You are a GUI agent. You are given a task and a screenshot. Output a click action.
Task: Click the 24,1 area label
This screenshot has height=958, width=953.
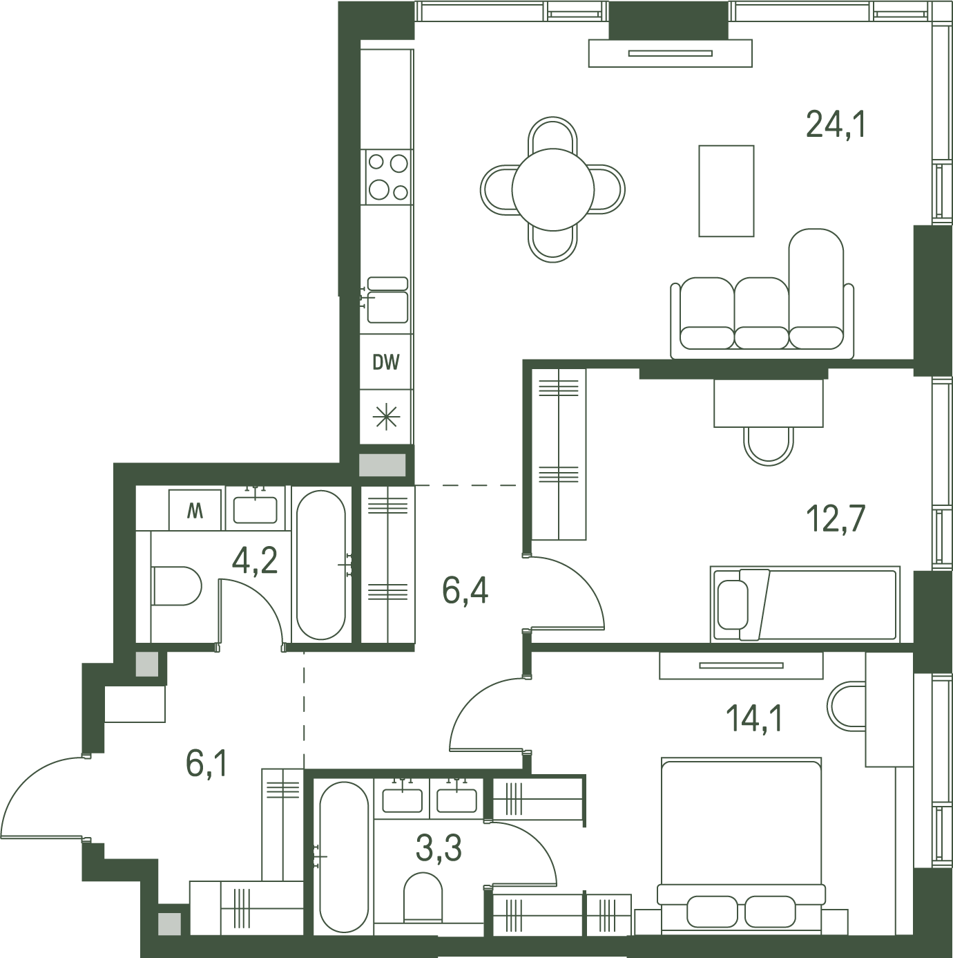pyautogui.click(x=836, y=124)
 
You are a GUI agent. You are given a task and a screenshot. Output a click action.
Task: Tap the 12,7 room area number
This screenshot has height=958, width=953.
pyautogui.click(x=836, y=518)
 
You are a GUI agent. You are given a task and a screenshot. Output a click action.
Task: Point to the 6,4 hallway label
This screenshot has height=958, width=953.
pyautogui.click(x=465, y=590)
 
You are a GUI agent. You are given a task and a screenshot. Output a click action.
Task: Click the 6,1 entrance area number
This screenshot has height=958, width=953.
pyautogui.click(x=207, y=763)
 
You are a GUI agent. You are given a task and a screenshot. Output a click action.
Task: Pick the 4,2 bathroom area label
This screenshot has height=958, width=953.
pyautogui.click(x=254, y=561)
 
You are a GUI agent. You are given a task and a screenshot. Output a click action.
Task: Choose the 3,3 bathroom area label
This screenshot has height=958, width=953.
pyautogui.click(x=439, y=848)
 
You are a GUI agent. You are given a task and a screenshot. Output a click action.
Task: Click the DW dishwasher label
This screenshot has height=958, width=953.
pyautogui.click(x=386, y=362)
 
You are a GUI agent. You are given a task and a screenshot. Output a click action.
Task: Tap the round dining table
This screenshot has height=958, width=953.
pyautogui.click(x=552, y=189)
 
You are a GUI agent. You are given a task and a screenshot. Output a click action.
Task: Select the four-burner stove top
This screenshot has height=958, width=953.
pyautogui.click(x=387, y=177)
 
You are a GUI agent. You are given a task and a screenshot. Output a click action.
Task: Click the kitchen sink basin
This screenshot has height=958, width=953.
pyautogui.click(x=387, y=307)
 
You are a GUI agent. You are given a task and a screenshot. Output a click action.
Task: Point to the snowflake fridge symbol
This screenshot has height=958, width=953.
pyautogui.click(x=386, y=417)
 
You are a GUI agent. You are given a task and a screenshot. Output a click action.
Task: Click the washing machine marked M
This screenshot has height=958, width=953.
pyautogui.click(x=195, y=510)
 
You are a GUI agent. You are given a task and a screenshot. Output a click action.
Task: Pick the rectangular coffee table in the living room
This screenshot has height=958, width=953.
pyautogui.click(x=726, y=191)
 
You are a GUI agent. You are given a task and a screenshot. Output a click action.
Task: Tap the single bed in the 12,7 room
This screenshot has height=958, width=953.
pyautogui.click(x=805, y=604)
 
